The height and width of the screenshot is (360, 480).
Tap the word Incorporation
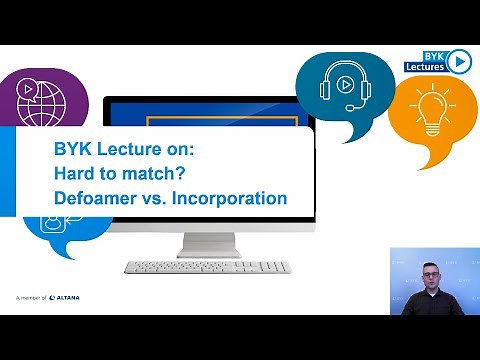[230, 198]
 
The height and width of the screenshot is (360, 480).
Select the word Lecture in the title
[127, 148]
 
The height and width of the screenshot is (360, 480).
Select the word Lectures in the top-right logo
[424, 67]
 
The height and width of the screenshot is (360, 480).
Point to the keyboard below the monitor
[207, 267]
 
